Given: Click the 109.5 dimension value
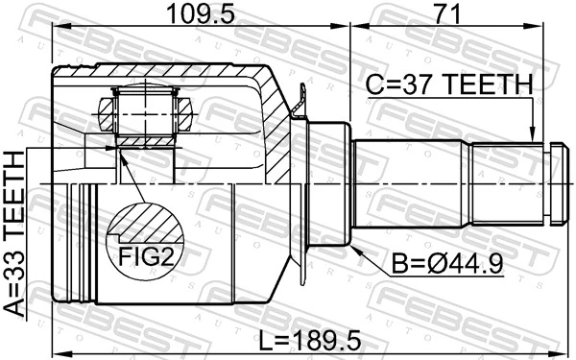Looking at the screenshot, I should pos(188,15).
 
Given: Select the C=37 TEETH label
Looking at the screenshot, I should pos(447,86).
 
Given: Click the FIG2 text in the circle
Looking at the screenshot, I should pos(143,256).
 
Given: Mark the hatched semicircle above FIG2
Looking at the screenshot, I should pos(144,227).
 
